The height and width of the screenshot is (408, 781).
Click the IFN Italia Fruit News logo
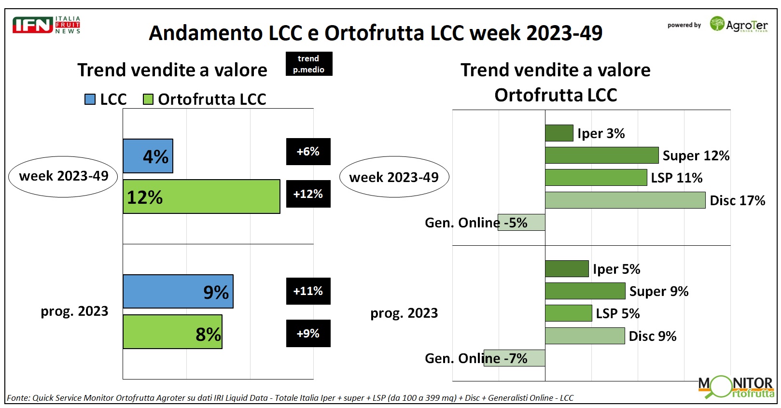(x=46, y=25)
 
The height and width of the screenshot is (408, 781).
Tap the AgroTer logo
(x=738, y=25)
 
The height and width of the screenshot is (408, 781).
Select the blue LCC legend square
(x=90, y=99)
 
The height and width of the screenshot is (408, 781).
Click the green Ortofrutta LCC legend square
(x=148, y=99)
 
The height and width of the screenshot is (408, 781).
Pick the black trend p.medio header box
(x=308, y=64)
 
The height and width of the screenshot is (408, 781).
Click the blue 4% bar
(x=148, y=156)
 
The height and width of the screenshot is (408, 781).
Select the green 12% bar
(x=201, y=197)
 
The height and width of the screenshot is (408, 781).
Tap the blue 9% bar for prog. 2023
(x=178, y=291)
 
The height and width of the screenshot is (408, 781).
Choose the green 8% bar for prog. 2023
(x=172, y=332)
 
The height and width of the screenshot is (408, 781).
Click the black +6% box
(x=308, y=152)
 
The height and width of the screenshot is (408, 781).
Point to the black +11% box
(x=308, y=291)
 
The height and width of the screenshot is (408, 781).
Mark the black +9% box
(x=308, y=333)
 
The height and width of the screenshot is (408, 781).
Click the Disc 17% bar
(x=625, y=200)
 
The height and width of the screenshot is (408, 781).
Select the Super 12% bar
(x=601, y=155)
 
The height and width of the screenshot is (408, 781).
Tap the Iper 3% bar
(x=559, y=133)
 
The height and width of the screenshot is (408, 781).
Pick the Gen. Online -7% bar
(x=515, y=358)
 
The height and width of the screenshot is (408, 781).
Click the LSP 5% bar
(x=568, y=313)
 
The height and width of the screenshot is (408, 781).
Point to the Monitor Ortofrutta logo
(x=737, y=387)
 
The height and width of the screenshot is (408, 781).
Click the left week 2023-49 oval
(x=63, y=176)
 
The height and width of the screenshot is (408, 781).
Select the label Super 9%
(x=658, y=291)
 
